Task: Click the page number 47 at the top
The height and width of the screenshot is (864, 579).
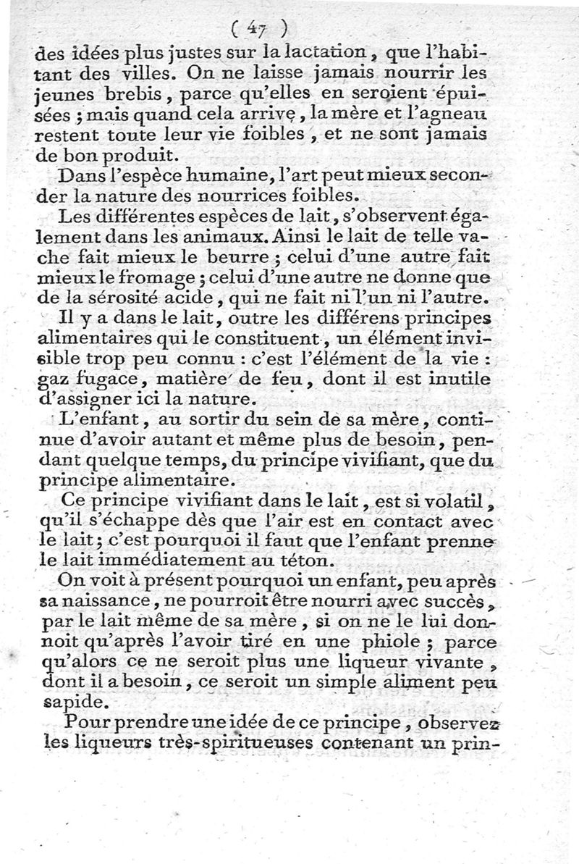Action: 255,28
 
